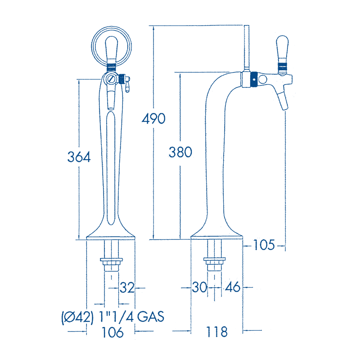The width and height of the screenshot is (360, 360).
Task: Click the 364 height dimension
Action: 79,157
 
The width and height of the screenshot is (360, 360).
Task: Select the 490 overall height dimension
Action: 153,119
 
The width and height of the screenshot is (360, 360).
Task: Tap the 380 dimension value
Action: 180,152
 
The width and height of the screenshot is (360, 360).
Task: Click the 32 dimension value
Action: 127,287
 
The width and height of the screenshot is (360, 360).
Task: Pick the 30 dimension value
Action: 199,287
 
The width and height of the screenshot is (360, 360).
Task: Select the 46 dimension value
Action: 233,287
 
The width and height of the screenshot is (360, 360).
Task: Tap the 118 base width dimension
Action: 217,333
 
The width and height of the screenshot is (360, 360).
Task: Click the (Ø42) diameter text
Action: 77,317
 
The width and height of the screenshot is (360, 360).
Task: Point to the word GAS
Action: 150,317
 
